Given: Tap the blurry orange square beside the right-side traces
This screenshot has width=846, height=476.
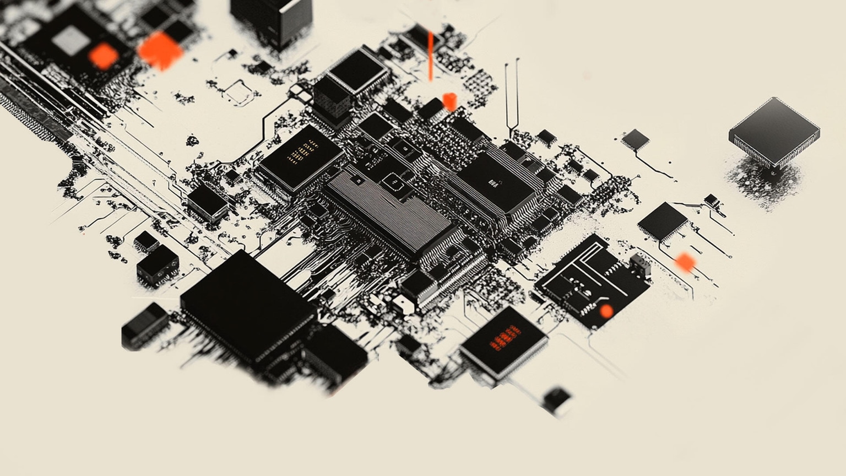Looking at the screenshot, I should tap(685, 262).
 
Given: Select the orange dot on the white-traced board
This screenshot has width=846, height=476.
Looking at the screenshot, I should tap(606, 311).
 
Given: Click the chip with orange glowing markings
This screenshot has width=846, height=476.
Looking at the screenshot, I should tap(503, 342).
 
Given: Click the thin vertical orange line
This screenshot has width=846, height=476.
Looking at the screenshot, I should tap(431, 56).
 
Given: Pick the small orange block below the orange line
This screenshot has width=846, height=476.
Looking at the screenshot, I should tap(449, 101).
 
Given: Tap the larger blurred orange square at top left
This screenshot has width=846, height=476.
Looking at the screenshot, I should tap(160, 51).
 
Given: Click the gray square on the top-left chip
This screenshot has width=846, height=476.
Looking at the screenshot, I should tap(70, 41).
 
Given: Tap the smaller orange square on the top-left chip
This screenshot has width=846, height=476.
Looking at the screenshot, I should tap(103, 56).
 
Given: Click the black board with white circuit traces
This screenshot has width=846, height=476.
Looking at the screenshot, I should tap(592, 281).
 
